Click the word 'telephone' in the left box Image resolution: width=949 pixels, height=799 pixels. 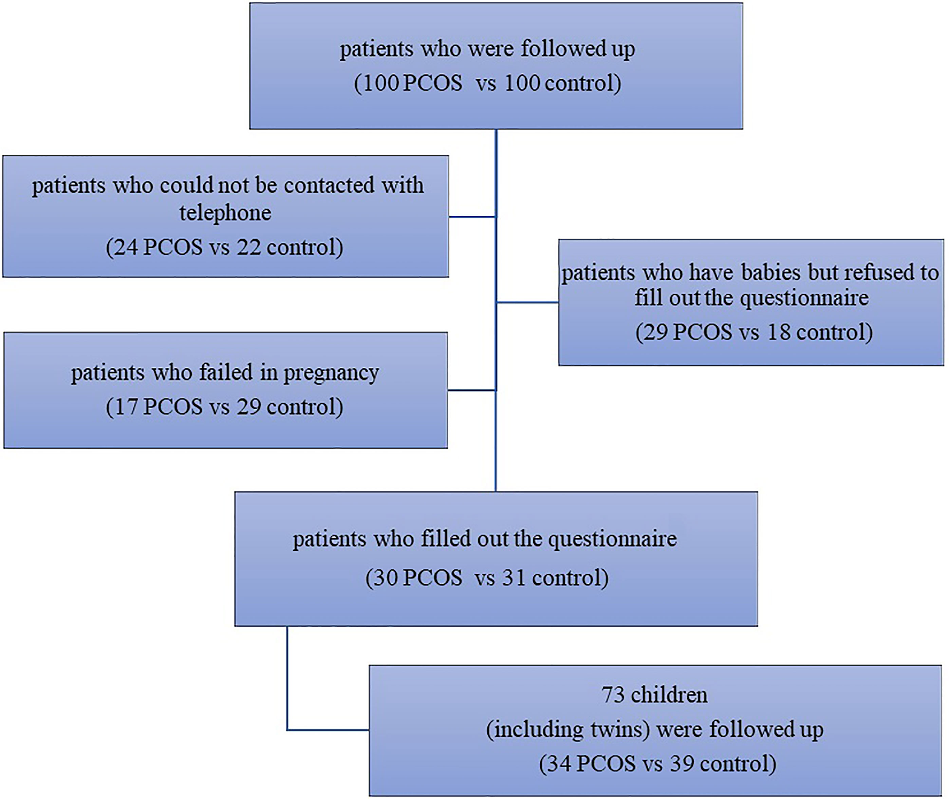pos(225,213)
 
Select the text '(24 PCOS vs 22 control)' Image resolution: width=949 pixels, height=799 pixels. pos(225,247)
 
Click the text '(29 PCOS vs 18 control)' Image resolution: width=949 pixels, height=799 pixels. pos(754,332)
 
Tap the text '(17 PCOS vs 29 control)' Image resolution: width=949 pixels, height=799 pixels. pos(225,407)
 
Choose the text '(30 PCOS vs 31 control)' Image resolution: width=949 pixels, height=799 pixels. pos(487,578)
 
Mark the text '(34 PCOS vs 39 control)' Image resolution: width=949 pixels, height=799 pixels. pos(657,764)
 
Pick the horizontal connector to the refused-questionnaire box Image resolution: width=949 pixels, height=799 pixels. pos(527,302)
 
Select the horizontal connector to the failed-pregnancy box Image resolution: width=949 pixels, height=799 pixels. pos(472,390)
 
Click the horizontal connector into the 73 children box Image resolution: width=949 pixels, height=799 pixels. pos(328,730)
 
